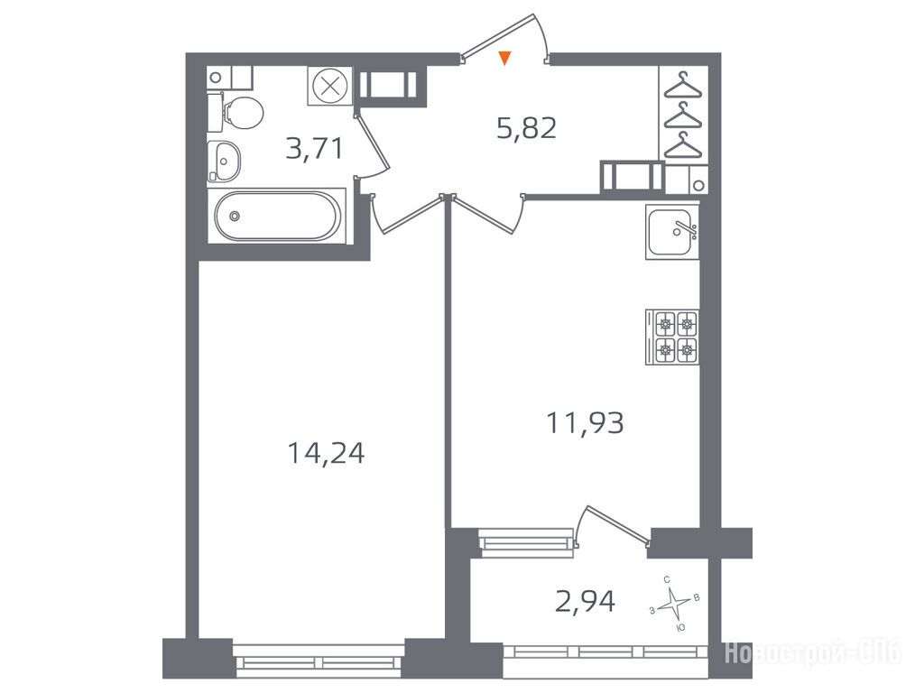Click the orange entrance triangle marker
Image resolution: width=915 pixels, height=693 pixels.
click(505, 58)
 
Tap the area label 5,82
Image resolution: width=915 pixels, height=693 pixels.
click(526, 128)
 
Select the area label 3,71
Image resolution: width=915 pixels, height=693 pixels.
click(314, 148)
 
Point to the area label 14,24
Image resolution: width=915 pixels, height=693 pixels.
click(326, 453)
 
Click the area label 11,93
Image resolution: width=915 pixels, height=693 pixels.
click(585, 422)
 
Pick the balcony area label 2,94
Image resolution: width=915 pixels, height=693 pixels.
click(586, 602)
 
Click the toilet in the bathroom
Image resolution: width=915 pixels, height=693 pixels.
click(236, 113)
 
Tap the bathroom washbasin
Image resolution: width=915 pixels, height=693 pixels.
click(225, 161)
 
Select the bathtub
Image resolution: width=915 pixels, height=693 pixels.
click(277, 216)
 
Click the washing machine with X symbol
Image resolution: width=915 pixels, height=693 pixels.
click(330, 87)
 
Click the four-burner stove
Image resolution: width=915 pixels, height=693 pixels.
click(672, 337)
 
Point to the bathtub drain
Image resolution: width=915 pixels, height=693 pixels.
click(235, 216)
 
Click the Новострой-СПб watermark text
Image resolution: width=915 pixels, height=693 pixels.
click(813, 652)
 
